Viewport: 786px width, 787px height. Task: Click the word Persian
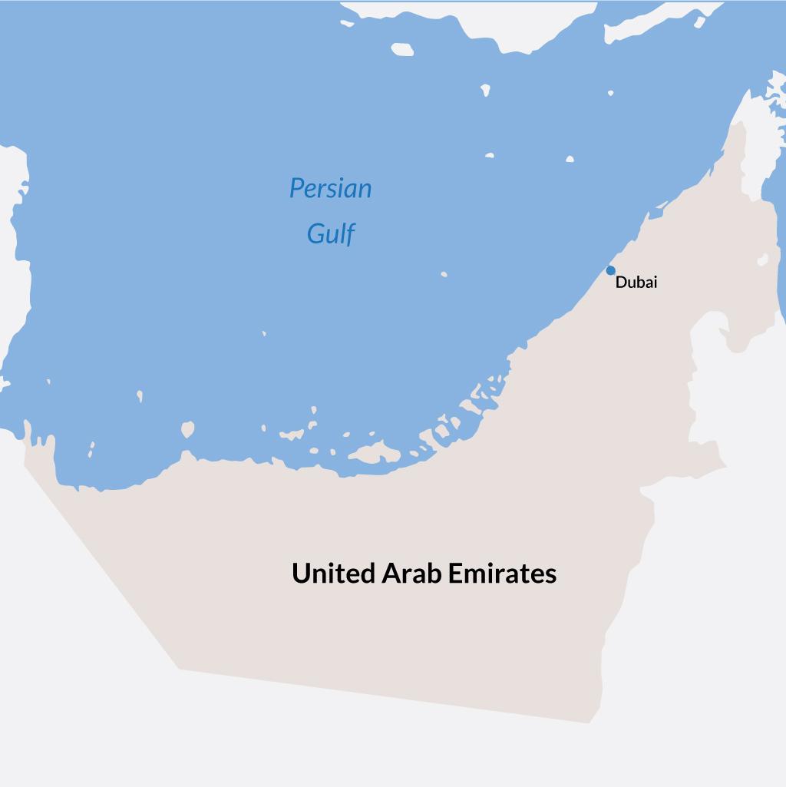point(330,188)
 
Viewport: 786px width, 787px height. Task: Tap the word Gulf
point(331,233)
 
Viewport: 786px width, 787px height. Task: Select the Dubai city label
point(636,283)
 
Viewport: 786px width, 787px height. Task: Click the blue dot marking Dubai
point(610,270)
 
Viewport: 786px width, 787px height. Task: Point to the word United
point(333,574)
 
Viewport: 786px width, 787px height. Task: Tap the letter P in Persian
point(296,188)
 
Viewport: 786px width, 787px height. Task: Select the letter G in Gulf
point(314,233)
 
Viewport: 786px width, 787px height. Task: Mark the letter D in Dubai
point(620,283)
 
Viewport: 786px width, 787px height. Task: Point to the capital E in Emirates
point(454,574)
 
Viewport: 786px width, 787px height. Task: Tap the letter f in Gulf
point(350,233)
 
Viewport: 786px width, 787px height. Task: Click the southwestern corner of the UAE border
point(180,668)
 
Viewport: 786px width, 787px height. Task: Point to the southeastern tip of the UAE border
point(589,723)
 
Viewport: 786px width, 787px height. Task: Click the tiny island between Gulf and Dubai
point(444,274)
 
